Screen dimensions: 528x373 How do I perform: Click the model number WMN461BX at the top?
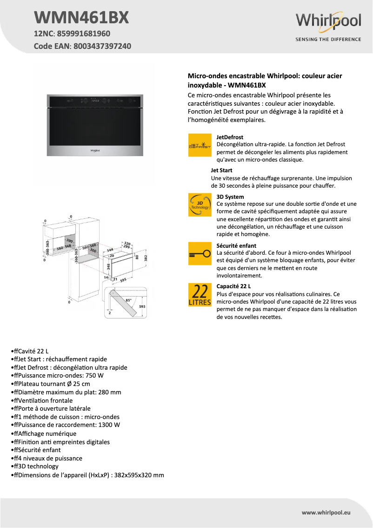[x=81, y=18]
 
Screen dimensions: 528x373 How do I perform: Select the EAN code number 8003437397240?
[x=102, y=46]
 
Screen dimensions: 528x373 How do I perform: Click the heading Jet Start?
[x=221, y=170]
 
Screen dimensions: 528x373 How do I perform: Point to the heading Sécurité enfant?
[x=236, y=246]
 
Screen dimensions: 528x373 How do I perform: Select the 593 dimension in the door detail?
[x=142, y=306]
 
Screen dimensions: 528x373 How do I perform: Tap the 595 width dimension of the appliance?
[x=123, y=281]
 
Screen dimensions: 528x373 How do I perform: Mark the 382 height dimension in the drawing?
[x=146, y=257]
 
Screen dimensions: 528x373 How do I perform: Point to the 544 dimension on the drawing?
[x=110, y=250]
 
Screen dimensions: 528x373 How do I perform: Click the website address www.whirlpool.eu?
[x=326, y=512]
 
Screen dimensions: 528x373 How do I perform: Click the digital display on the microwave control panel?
[x=96, y=100]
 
